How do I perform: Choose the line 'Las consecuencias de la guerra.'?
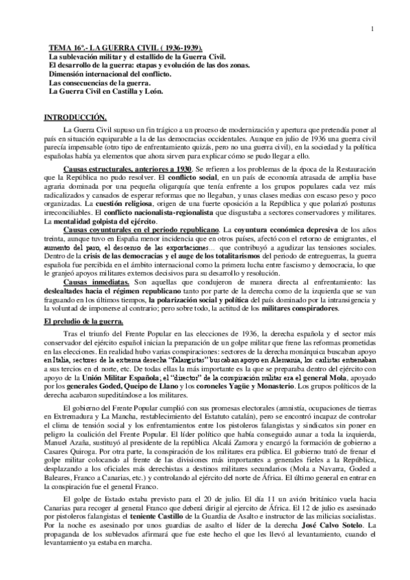click(x=98, y=81)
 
